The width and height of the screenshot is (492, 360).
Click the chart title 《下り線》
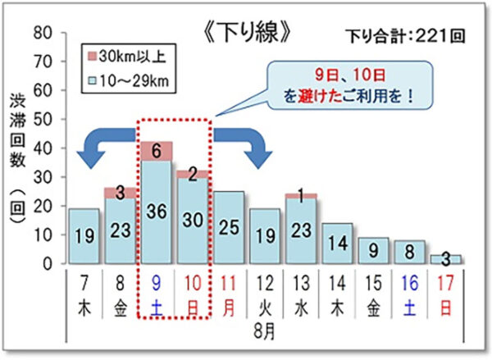[x=248, y=33]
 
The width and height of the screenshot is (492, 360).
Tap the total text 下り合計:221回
[x=405, y=36]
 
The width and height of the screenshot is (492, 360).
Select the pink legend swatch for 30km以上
[x=93, y=57]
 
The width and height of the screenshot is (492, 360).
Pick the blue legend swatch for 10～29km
[x=93, y=80]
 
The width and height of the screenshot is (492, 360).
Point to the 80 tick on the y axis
[x=43, y=32]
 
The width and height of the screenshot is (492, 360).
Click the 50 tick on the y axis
[x=43, y=119]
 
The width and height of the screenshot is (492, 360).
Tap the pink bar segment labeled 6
[x=157, y=151]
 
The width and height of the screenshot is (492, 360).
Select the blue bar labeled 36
[x=157, y=212]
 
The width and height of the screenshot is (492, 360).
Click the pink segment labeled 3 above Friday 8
[x=121, y=193]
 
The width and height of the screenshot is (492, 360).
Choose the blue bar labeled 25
[x=229, y=227]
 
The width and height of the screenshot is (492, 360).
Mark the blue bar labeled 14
[x=338, y=244]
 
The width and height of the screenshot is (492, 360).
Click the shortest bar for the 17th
[x=446, y=259]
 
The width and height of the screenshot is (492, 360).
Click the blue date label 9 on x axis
[x=156, y=283]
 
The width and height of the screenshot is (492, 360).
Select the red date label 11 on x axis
[x=228, y=283]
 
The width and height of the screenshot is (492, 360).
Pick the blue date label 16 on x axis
[x=410, y=283]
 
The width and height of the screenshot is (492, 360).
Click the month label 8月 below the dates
[x=265, y=332]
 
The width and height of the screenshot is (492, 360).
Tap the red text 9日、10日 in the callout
[x=350, y=75]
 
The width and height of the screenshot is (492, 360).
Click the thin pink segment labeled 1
[x=301, y=196]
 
